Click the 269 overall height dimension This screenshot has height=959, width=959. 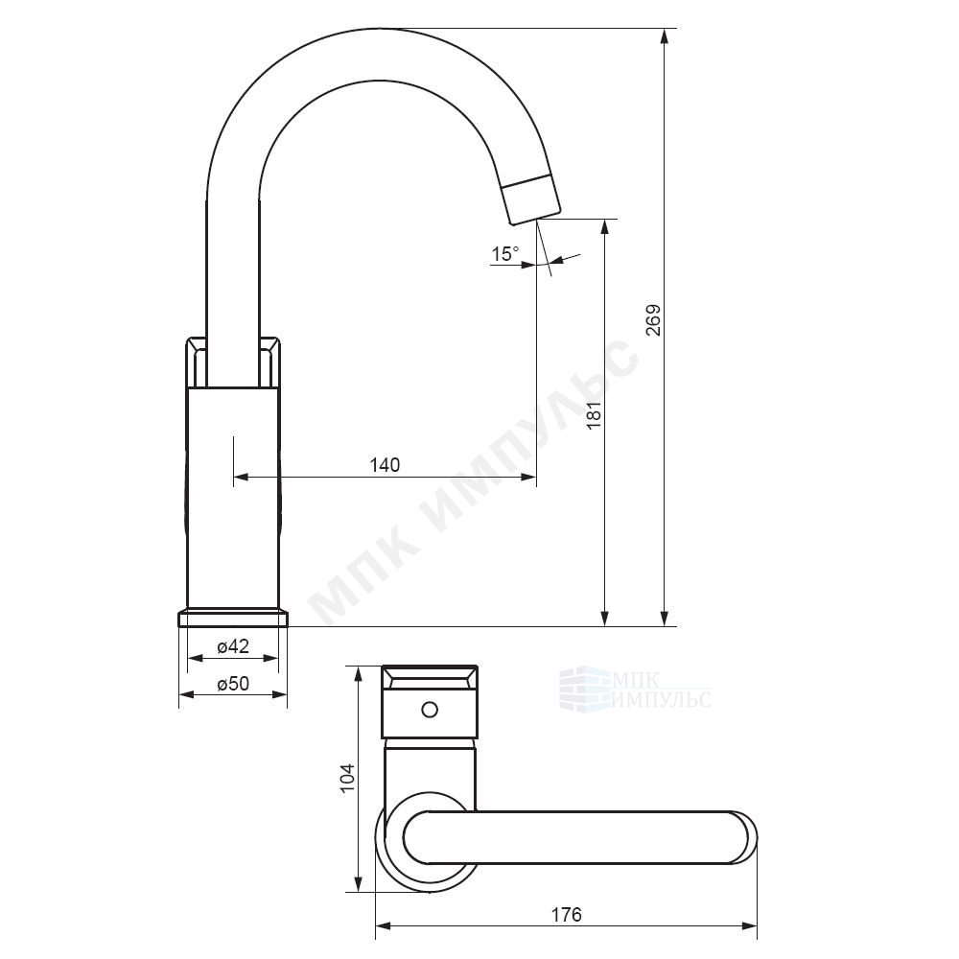pos(654,320)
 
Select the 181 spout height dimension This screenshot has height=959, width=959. pos(595,415)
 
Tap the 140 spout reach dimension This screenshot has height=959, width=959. pos(385,465)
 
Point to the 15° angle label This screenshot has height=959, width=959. pos(505,254)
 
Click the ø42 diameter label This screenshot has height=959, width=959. pos(233,646)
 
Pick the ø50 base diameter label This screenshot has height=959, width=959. pos(233,683)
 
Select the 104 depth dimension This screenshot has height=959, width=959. pos(347,778)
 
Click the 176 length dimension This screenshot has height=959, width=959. pos(567,915)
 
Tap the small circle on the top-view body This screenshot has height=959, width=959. pos(430,710)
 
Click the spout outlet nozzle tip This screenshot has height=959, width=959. pos(531,199)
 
